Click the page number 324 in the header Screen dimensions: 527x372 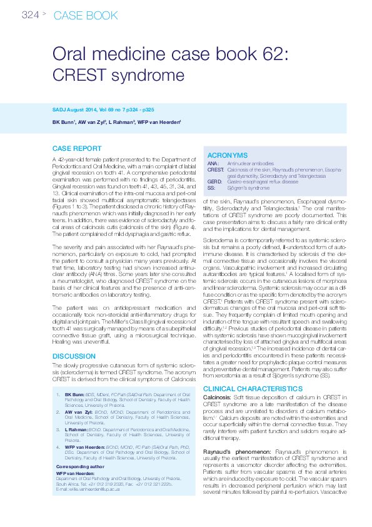pyautogui.click(x=30, y=14)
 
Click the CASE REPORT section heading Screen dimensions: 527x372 pyautogui.click(x=76, y=149)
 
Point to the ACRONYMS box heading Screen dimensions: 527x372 pyautogui.click(x=227, y=155)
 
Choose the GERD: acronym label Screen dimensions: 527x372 pyautogui.click(x=215, y=182)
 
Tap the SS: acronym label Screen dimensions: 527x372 pyautogui.click(x=211, y=188)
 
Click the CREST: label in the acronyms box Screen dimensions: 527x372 pyautogui.click(x=216, y=170)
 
